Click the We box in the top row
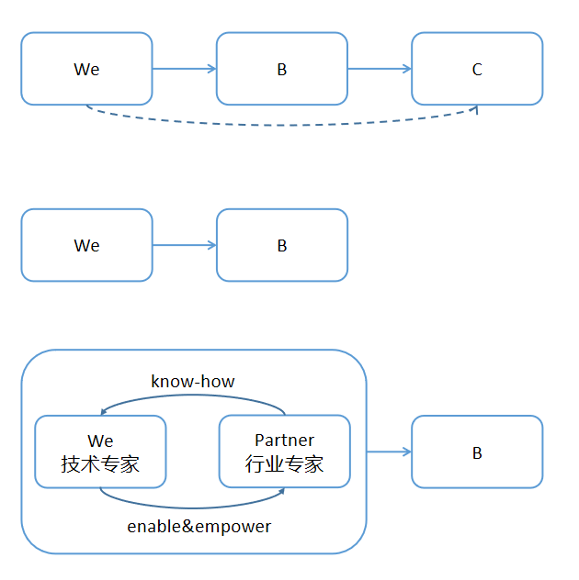[x=86, y=69]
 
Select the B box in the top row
[x=281, y=69]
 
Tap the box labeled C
[x=476, y=69]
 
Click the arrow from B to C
[x=380, y=69]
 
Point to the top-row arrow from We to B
[x=184, y=69]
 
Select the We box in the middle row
[x=86, y=245]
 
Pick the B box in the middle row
[x=281, y=245]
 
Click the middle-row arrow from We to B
[x=184, y=245]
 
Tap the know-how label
[x=192, y=381]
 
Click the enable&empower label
[x=199, y=527]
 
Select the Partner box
[x=284, y=452]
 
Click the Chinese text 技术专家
[x=100, y=464]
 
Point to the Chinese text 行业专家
[x=284, y=464]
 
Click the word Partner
[x=284, y=441]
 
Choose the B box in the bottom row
[x=476, y=452]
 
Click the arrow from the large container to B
[x=389, y=452]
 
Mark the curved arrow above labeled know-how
[x=192, y=396]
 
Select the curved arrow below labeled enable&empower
[x=192, y=507]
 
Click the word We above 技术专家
[x=100, y=441]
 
